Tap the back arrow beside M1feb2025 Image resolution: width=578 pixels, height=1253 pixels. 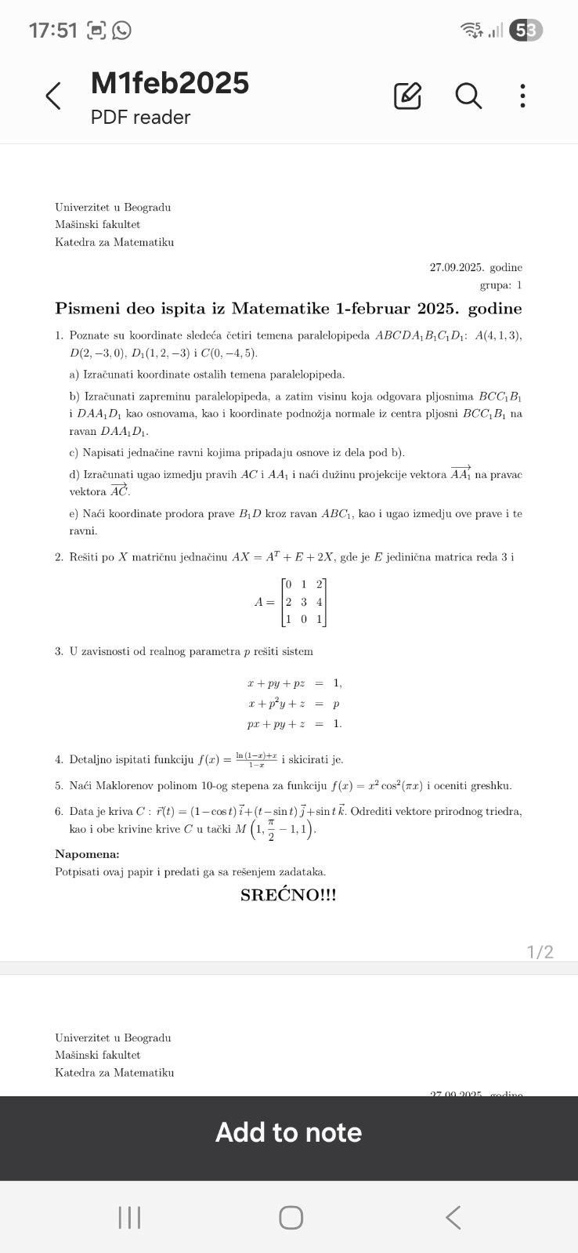[53, 96]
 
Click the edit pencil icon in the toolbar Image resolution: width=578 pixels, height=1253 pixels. [407, 96]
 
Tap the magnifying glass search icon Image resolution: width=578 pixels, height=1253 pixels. [468, 96]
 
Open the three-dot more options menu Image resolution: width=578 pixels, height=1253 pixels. [522, 96]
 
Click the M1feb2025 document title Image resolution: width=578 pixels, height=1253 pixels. [170, 83]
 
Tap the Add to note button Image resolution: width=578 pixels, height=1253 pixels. [288, 1132]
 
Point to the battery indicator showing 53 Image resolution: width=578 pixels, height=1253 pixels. [526, 31]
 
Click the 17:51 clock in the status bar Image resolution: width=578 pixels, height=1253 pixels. [53, 31]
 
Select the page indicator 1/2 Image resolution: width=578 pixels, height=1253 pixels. [540, 952]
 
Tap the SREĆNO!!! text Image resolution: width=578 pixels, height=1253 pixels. [288, 895]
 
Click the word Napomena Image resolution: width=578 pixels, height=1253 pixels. [87, 854]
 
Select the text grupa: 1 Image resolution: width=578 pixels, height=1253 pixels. [500, 285]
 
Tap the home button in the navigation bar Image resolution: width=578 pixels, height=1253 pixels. [291, 1218]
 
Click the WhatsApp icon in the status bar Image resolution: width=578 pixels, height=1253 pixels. [121, 31]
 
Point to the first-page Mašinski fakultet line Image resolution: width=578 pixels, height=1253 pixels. [98, 225]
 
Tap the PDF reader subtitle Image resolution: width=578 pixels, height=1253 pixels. [140, 118]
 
